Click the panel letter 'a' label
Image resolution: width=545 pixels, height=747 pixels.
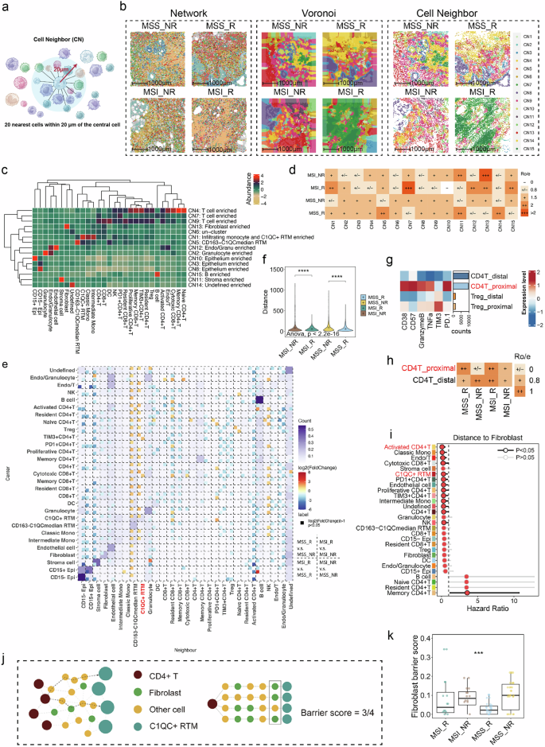coord(6,7)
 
